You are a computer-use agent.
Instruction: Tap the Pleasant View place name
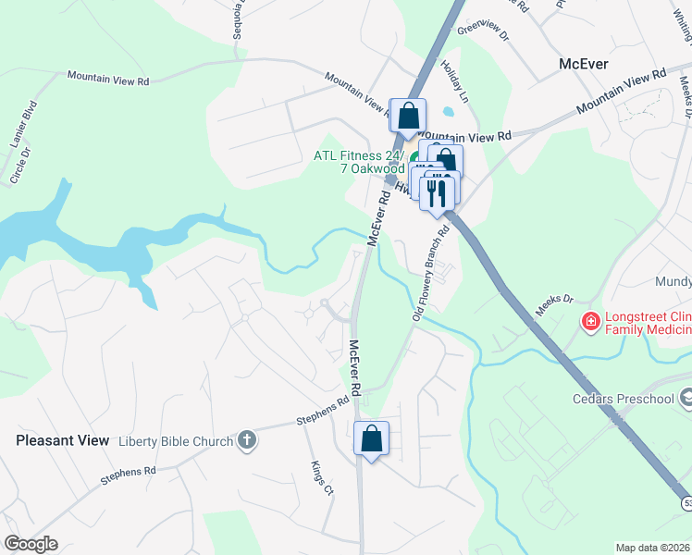[62, 441]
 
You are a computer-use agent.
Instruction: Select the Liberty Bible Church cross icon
[246, 440]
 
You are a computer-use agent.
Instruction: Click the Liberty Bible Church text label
[176, 441]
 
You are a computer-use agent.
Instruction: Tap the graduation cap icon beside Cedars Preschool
[686, 398]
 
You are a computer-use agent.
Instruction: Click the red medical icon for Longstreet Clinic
[588, 322]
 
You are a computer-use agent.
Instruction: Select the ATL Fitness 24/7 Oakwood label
[359, 162]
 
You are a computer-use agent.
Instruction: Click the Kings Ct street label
[322, 476]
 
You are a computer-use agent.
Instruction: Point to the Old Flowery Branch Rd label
[428, 273]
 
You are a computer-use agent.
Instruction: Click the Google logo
[31, 544]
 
